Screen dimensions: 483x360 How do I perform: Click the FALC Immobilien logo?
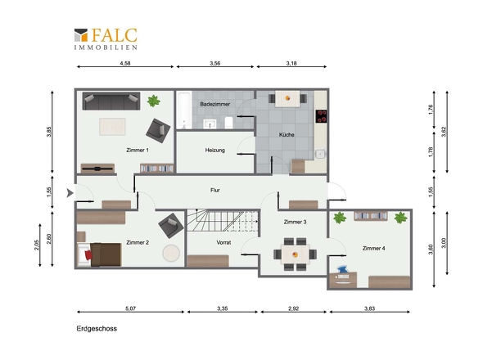[x=106, y=38]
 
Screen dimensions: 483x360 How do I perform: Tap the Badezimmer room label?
[x=215, y=104]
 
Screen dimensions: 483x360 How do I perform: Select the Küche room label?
[x=287, y=134]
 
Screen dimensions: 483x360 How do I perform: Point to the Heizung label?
[x=215, y=150]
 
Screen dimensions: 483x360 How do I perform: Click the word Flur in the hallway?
[x=215, y=190]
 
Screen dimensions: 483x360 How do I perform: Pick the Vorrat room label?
[x=223, y=242]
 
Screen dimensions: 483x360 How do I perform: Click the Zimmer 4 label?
[x=373, y=248]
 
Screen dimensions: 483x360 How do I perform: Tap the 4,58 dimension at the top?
[x=125, y=63]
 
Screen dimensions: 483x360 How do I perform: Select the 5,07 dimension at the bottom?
[x=130, y=308]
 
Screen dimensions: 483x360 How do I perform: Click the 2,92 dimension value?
[x=293, y=308]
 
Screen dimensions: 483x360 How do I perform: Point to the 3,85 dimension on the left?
[x=48, y=132]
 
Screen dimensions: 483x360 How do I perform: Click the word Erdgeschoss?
[x=97, y=329]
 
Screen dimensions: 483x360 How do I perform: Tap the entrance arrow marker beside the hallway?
[x=70, y=193]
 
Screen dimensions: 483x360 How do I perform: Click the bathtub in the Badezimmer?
[x=184, y=110]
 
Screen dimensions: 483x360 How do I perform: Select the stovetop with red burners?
[x=321, y=116]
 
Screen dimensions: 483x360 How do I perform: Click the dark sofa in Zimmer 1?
[x=111, y=101]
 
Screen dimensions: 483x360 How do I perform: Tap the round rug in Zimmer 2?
[x=171, y=253]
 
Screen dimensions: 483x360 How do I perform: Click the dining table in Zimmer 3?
[x=295, y=254]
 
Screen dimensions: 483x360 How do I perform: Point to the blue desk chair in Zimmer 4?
[x=342, y=270]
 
